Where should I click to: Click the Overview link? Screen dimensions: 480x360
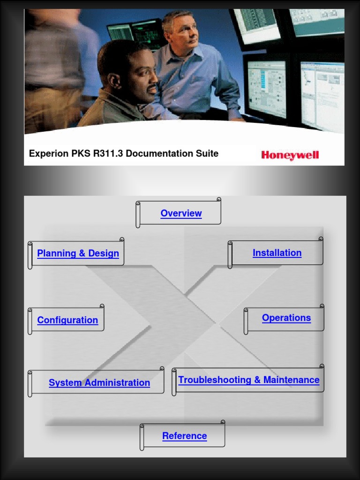(x=181, y=213)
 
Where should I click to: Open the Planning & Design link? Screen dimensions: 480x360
(x=78, y=254)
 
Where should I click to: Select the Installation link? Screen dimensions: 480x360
(x=277, y=253)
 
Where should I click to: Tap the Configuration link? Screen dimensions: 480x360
(x=67, y=320)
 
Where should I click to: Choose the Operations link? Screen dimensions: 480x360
(x=286, y=318)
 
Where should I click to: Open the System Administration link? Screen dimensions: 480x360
(x=99, y=383)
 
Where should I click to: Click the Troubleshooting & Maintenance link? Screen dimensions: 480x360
(x=249, y=380)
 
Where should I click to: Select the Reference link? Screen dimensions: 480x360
(x=185, y=436)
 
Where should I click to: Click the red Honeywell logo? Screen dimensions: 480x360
(x=290, y=155)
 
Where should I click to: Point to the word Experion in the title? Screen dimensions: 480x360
(x=48, y=154)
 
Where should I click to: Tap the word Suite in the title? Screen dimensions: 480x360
(x=207, y=153)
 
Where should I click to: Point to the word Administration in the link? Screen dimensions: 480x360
(x=120, y=383)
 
